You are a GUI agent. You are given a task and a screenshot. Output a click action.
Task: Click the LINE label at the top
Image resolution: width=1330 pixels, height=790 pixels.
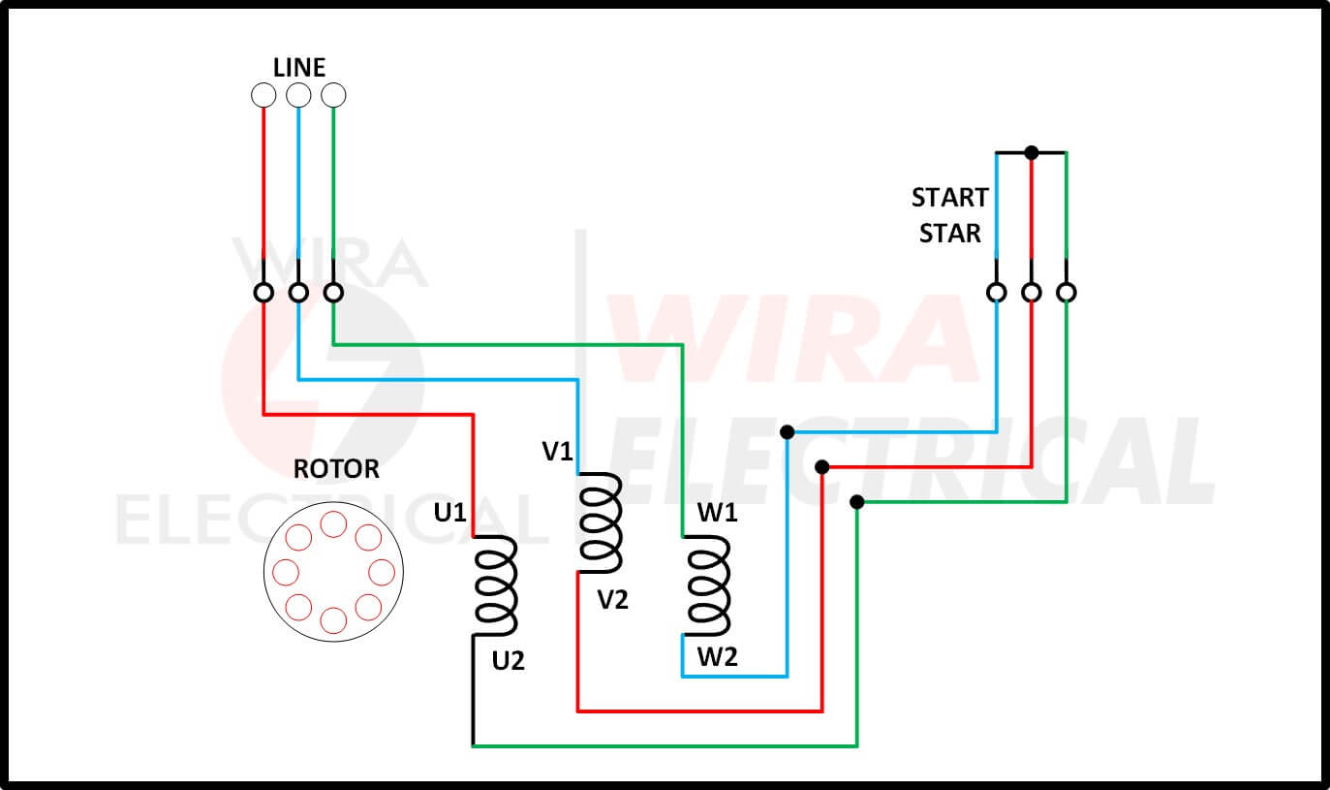click(x=299, y=67)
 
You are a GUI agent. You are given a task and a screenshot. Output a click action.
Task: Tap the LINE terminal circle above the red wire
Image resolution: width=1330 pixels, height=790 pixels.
click(x=263, y=95)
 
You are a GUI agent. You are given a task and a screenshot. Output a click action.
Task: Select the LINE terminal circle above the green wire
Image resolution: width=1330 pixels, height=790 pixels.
click(x=333, y=95)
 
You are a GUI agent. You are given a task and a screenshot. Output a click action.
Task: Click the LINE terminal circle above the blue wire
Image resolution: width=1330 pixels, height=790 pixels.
click(x=298, y=95)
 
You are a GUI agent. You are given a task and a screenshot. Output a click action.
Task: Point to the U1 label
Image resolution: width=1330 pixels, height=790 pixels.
click(x=449, y=514)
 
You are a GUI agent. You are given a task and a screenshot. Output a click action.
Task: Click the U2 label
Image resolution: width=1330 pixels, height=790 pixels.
click(x=508, y=662)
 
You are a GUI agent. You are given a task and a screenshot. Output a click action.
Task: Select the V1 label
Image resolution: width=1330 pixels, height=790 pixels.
click(x=558, y=452)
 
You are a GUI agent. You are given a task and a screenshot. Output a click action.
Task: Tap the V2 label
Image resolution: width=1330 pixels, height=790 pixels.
click(x=612, y=600)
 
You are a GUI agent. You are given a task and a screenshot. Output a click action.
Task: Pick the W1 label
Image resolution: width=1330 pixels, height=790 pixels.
click(x=718, y=514)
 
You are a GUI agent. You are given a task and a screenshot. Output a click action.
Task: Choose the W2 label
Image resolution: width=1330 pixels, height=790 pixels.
click(x=718, y=658)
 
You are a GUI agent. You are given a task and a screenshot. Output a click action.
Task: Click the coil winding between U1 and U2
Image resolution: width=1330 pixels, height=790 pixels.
click(x=496, y=585)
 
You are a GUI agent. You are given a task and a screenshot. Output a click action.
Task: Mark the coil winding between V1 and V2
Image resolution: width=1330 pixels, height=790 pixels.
click(x=601, y=523)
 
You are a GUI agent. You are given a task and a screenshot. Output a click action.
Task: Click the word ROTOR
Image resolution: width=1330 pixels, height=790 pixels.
click(x=336, y=470)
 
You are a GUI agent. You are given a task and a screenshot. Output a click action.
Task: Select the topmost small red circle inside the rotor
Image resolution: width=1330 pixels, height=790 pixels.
click(x=333, y=524)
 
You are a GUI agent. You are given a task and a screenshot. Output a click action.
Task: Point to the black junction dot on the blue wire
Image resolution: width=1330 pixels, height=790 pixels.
click(x=787, y=431)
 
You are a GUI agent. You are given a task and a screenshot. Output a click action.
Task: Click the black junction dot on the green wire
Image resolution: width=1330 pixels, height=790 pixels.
click(x=856, y=502)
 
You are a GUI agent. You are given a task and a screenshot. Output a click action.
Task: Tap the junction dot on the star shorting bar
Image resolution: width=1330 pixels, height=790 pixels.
click(x=1032, y=152)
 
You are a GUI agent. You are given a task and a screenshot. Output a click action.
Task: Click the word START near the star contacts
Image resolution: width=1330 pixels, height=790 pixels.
click(x=949, y=198)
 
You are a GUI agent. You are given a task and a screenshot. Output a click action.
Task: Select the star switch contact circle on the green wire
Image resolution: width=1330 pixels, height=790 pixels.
click(x=1067, y=292)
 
